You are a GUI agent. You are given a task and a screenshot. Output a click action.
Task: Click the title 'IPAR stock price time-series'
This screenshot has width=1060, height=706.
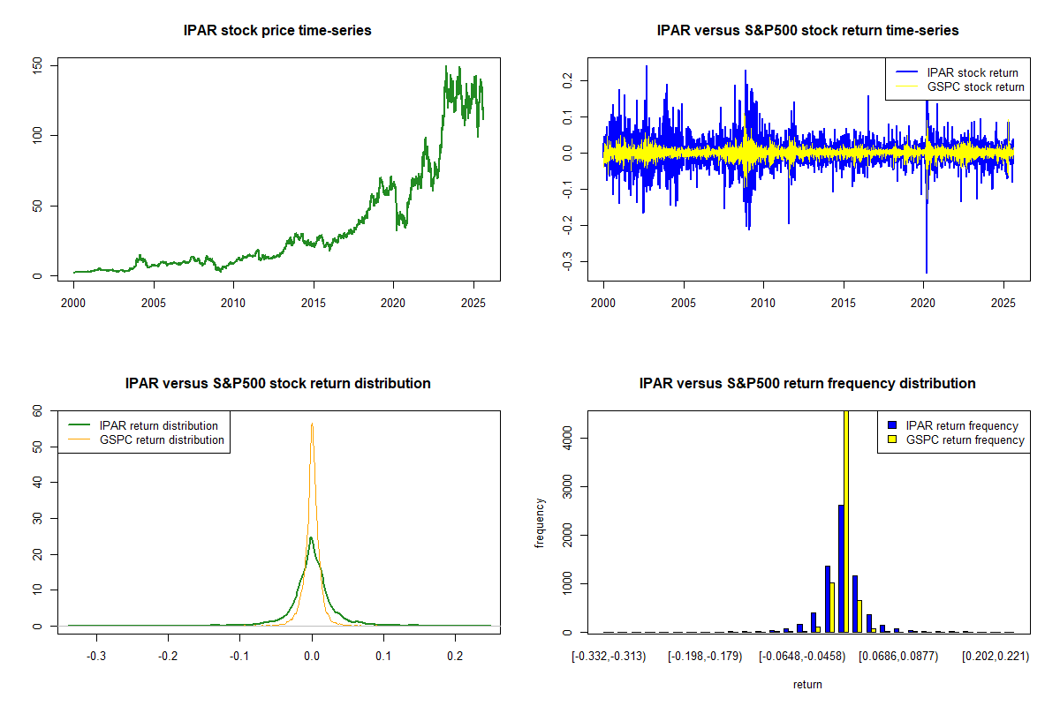pos(277,31)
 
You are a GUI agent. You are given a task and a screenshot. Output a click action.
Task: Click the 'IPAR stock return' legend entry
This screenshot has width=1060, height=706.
pos(971,72)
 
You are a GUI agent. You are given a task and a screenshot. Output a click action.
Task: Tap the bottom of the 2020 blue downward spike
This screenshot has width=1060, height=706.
pos(927,272)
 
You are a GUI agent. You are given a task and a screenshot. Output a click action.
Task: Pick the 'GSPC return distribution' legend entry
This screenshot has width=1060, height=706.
pos(162,439)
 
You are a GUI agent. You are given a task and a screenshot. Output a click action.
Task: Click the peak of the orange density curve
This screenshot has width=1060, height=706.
pos(312,424)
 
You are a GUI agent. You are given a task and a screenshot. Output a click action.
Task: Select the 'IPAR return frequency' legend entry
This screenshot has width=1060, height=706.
pos(962,425)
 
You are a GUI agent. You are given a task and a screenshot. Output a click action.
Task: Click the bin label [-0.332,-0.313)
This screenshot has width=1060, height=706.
pos(609,657)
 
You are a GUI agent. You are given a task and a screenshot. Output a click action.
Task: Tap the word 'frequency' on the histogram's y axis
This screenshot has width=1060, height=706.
pos(540,523)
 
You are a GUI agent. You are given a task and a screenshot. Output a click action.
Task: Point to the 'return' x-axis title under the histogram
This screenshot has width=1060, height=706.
pos(807,684)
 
